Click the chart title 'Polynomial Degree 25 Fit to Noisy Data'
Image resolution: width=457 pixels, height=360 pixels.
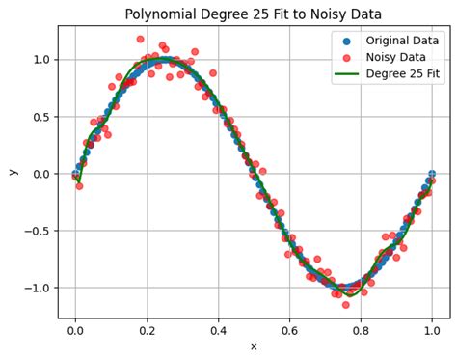click(x=254, y=14)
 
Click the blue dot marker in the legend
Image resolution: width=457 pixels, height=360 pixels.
click(x=346, y=41)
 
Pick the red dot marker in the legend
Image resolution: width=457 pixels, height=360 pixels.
click(x=346, y=57)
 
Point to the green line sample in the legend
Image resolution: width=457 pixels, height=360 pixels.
click(x=346, y=73)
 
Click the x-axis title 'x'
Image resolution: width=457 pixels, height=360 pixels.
click(x=254, y=346)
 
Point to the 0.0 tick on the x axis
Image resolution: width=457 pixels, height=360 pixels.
click(x=75, y=329)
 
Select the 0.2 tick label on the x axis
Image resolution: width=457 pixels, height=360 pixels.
click(x=147, y=329)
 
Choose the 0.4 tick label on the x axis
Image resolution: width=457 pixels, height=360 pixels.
click(x=218, y=329)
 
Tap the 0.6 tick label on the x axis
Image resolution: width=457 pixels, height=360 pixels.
click(x=289, y=329)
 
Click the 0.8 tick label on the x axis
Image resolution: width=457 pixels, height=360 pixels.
click(x=361, y=329)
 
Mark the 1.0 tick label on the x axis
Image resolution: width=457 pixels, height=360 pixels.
click(x=432, y=329)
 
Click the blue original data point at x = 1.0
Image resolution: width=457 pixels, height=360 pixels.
click(x=432, y=174)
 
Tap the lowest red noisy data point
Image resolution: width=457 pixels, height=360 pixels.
click(x=346, y=305)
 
